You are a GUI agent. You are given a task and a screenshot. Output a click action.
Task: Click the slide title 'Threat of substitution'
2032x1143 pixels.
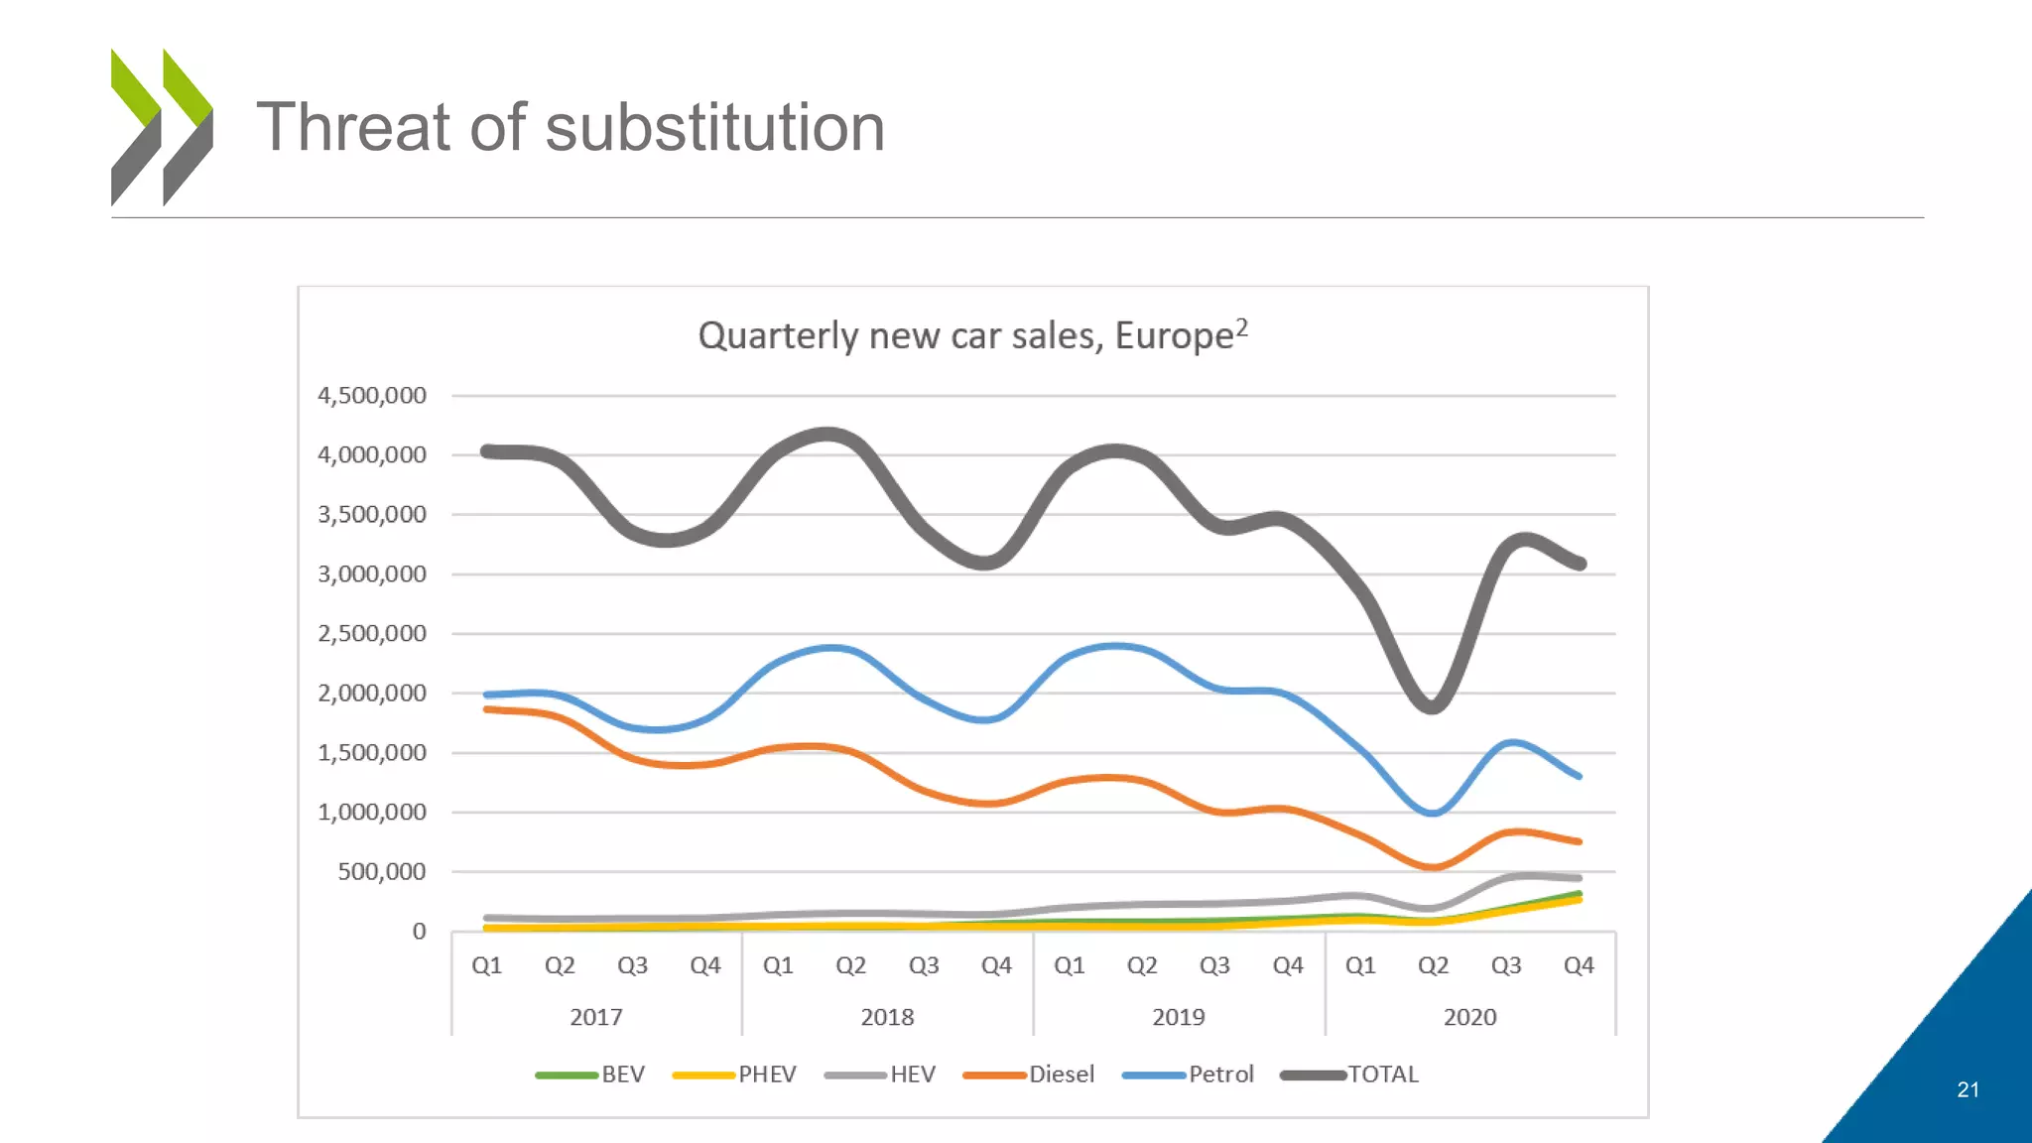(571, 128)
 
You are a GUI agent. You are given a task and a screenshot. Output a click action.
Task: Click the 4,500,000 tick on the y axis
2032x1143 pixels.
(372, 396)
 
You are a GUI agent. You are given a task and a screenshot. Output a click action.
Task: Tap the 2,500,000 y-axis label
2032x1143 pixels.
(372, 634)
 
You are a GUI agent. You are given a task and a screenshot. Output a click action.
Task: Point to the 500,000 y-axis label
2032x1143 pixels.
(382, 872)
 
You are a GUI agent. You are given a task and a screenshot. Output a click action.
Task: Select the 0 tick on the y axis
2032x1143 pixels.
(420, 932)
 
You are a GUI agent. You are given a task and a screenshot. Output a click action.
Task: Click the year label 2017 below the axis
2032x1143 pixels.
(596, 1017)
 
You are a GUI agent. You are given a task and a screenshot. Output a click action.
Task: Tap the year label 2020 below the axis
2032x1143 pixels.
(1469, 1017)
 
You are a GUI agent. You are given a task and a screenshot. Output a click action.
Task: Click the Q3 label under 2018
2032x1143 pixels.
(924, 965)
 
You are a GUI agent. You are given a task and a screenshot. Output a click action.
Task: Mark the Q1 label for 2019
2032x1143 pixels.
(1069, 965)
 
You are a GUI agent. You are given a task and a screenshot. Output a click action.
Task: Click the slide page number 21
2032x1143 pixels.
(1968, 1089)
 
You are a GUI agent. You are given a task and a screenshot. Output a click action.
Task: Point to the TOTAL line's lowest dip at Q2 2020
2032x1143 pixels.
(1433, 706)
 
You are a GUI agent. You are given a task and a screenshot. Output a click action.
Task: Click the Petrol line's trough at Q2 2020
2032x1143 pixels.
(1433, 813)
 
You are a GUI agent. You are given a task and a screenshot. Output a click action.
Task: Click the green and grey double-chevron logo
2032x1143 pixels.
(162, 127)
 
